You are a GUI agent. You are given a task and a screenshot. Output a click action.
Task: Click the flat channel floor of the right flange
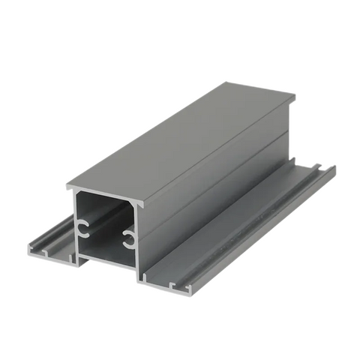click(247, 225)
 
